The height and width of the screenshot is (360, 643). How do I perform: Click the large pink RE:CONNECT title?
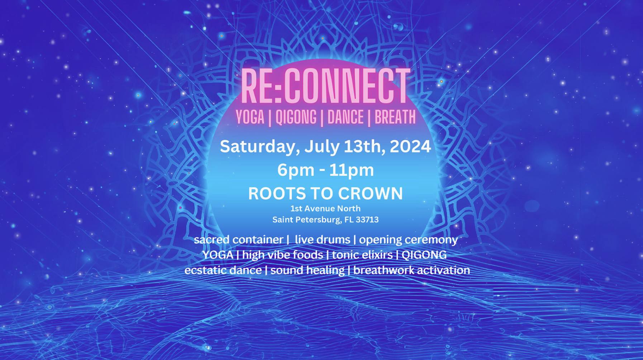point(325,86)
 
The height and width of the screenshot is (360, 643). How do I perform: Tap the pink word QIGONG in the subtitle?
point(296,117)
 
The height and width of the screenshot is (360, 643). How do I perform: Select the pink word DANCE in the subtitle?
point(346,117)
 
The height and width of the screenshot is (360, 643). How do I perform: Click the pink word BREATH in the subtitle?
point(395,117)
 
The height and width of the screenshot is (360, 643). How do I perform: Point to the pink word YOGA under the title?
point(250,117)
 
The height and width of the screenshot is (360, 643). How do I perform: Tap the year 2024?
point(410,147)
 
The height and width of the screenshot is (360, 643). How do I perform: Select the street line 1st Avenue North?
point(325,208)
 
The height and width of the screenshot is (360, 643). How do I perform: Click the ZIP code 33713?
point(367,219)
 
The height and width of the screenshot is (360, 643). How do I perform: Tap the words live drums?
point(323,240)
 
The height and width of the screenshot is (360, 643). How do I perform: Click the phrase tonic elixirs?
point(362,255)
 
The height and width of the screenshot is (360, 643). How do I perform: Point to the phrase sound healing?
point(307,270)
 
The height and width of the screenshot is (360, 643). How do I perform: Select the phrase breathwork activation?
point(411,270)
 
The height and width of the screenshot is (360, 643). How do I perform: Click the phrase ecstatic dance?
point(223,270)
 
